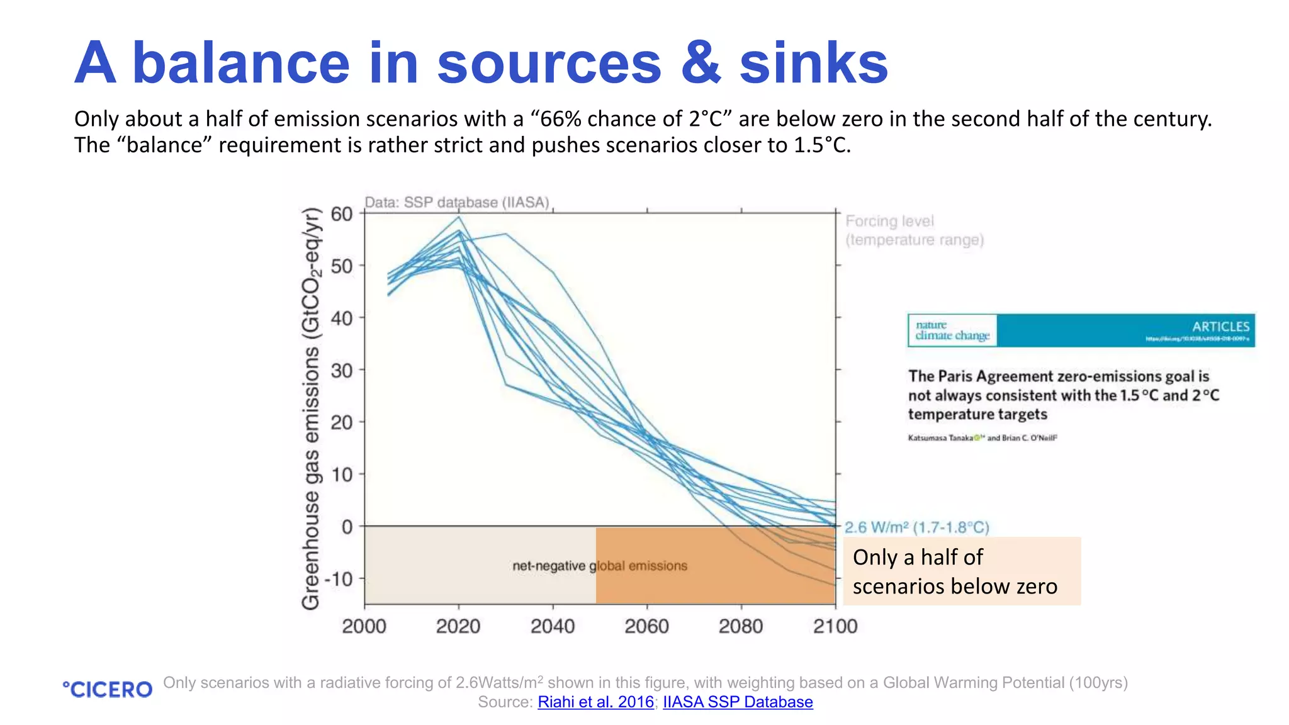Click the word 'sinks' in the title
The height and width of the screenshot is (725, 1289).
[813, 63]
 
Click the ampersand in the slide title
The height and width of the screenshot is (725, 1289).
[701, 63]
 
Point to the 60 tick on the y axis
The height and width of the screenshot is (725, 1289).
[342, 214]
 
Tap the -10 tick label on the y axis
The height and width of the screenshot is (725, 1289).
[339, 578]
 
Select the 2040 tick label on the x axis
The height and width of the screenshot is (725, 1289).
[553, 626]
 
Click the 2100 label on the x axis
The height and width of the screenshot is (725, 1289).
[835, 626]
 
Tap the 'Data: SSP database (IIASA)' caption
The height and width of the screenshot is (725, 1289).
[457, 203]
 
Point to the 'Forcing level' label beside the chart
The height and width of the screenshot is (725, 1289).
[889, 221]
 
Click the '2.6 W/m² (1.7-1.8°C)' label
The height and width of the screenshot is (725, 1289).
[916, 527]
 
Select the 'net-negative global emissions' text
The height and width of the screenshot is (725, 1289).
[599, 566]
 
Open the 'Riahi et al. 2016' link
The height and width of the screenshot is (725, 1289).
[595, 702]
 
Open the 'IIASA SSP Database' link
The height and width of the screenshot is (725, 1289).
[738, 702]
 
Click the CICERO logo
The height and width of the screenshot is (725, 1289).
[108, 690]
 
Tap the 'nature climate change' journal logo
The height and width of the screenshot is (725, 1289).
[952, 330]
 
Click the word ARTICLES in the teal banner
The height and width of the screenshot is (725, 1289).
[1220, 327]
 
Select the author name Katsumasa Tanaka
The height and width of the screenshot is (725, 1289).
[940, 438]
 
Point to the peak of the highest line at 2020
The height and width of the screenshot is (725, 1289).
[459, 217]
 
